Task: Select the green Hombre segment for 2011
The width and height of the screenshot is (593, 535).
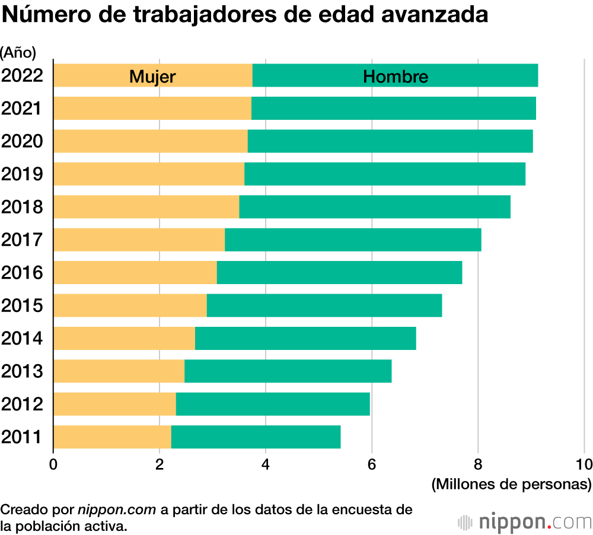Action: click(x=256, y=437)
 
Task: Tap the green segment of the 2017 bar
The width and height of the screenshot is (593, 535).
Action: click(x=353, y=240)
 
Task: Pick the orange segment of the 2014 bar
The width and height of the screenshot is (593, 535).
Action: click(x=124, y=338)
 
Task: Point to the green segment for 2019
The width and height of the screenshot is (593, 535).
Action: click(x=385, y=174)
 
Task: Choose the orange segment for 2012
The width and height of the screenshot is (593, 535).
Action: click(x=114, y=404)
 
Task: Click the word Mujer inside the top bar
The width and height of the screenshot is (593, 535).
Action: click(x=152, y=77)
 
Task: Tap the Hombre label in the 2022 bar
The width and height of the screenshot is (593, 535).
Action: click(x=396, y=77)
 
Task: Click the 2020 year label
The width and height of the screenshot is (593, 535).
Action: click(x=23, y=141)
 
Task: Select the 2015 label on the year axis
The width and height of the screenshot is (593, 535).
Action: click(x=23, y=305)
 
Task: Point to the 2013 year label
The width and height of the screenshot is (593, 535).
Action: click(x=23, y=371)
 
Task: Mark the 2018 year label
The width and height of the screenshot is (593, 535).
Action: click(x=23, y=207)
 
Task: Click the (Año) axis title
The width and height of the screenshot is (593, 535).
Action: click(x=18, y=53)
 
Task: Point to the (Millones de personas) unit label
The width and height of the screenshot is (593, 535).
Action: click(x=511, y=485)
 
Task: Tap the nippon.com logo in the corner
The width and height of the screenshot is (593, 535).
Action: click(x=524, y=523)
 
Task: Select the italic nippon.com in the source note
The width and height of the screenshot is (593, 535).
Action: click(x=117, y=509)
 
